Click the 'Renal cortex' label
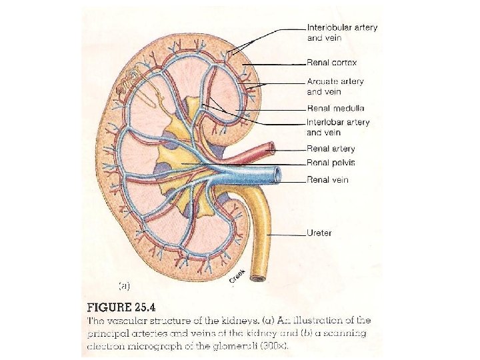click(331, 63)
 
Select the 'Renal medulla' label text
click(335, 108)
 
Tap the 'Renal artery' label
click(331, 149)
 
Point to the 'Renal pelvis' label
click(331, 162)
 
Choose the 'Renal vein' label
click(327, 179)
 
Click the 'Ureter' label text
click(319, 233)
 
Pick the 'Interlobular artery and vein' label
click(342, 33)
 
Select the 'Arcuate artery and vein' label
click(335, 86)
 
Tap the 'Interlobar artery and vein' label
click(338, 127)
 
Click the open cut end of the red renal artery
click(269, 147)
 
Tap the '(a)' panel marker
click(124, 285)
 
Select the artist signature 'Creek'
click(237, 275)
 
